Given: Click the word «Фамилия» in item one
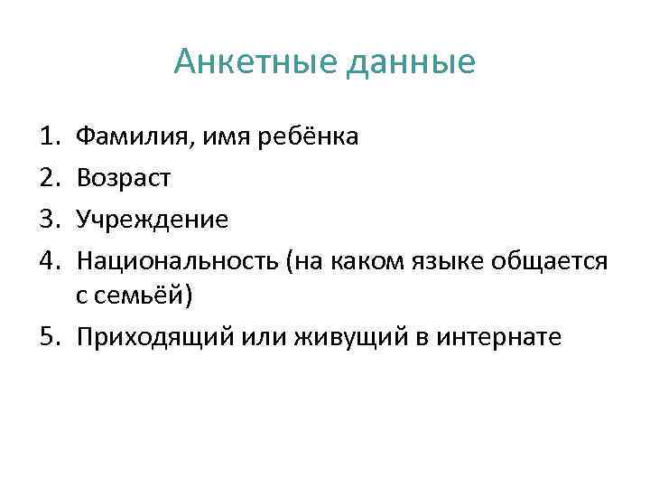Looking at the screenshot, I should [x=126, y=137].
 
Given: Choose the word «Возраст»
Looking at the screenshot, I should [x=123, y=179].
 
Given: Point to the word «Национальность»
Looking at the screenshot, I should [x=178, y=261].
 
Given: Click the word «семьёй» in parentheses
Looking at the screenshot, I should [x=145, y=296].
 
